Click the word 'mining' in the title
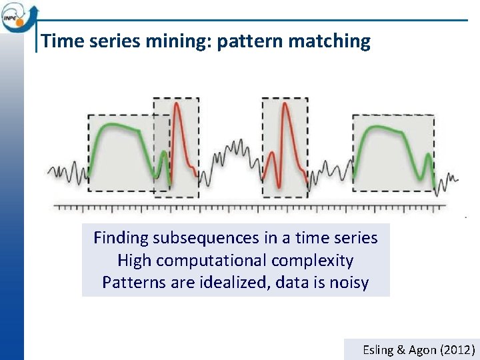coord(175,41)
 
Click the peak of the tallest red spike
coord(285,105)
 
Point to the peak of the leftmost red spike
coord(176,103)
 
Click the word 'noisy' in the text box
coord(349,283)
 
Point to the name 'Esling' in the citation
coord(377,349)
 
